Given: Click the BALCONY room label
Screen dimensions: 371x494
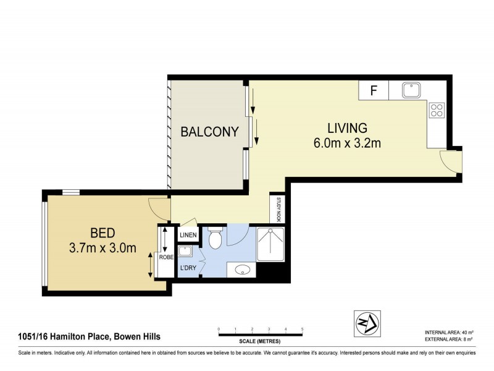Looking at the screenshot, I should (209, 131).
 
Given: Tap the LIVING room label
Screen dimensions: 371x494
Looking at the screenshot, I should (347, 128).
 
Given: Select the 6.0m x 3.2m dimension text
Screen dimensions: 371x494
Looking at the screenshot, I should (347, 143).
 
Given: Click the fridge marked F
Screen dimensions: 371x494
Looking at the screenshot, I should (374, 90).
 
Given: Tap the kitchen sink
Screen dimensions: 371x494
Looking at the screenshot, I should (411, 90).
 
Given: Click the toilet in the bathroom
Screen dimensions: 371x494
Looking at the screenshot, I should (215, 238).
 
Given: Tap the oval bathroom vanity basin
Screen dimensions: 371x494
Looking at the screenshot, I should (242, 270).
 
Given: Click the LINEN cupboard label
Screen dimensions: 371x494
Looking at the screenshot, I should (188, 236).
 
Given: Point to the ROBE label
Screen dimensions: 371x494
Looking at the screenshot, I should (165, 257).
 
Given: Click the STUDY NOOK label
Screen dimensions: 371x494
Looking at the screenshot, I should (278, 209).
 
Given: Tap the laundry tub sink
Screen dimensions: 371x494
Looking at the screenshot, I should (185, 252).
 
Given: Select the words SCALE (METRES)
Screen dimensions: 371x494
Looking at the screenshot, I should (260, 341).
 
